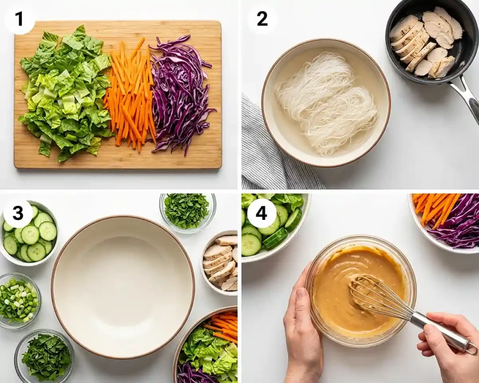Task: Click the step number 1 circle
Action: point(19,19)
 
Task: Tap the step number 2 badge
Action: point(262,19)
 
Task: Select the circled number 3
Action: point(18,213)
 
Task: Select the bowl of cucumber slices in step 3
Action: point(29,234)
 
